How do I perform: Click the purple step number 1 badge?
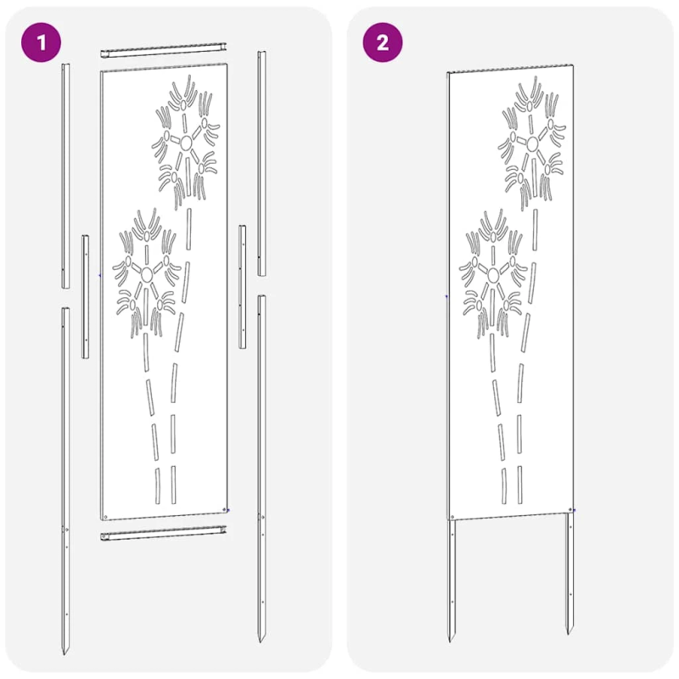click(x=41, y=42)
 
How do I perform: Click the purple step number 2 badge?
click(x=383, y=42)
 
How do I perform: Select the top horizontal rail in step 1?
click(x=164, y=50)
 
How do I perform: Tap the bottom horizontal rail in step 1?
click(x=164, y=533)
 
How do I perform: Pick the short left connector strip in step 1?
click(x=86, y=296)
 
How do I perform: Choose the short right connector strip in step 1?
click(x=243, y=287)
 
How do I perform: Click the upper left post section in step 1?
click(x=65, y=176)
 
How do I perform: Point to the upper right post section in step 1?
click(x=262, y=163)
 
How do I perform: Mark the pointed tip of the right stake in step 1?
click(x=261, y=642)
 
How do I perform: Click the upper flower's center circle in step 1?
click(x=186, y=143)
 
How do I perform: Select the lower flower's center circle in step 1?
click(x=147, y=273)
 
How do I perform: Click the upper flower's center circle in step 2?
click(x=532, y=144)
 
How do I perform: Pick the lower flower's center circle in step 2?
click(x=493, y=274)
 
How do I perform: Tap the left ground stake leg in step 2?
click(x=452, y=581)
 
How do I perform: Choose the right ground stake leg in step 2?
click(x=570, y=574)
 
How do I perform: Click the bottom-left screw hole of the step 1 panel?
click(x=105, y=516)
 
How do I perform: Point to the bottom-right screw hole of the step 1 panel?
click(x=224, y=510)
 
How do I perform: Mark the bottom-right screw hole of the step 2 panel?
click(x=570, y=510)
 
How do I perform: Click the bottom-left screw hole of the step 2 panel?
click(x=452, y=517)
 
